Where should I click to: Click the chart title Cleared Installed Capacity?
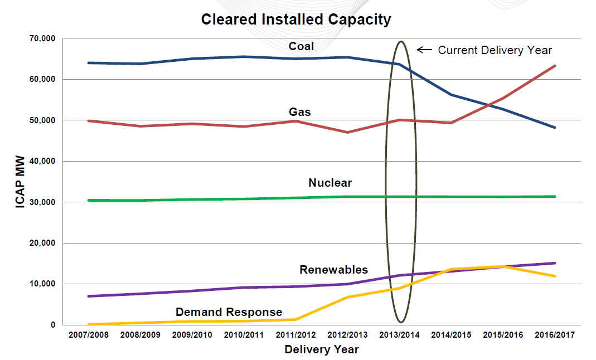click(296, 20)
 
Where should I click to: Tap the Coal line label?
click(301, 46)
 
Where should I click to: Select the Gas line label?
click(299, 112)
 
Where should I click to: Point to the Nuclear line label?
click(330, 183)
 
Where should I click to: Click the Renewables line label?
click(333, 270)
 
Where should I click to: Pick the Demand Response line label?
click(229, 312)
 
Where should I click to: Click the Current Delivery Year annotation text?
click(495, 50)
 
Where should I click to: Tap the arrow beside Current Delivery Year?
click(424, 50)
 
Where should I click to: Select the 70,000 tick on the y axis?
click(43, 38)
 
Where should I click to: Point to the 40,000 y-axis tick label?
click(43, 161)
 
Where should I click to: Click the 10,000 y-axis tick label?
click(43, 284)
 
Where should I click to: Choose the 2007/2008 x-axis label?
click(89, 335)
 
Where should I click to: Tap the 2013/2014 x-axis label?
click(400, 335)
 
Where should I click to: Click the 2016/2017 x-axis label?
click(555, 335)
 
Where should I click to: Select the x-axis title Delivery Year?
click(322, 350)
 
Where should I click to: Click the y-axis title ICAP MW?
click(20, 182)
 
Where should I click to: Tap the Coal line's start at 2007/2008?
click(89, 63)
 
